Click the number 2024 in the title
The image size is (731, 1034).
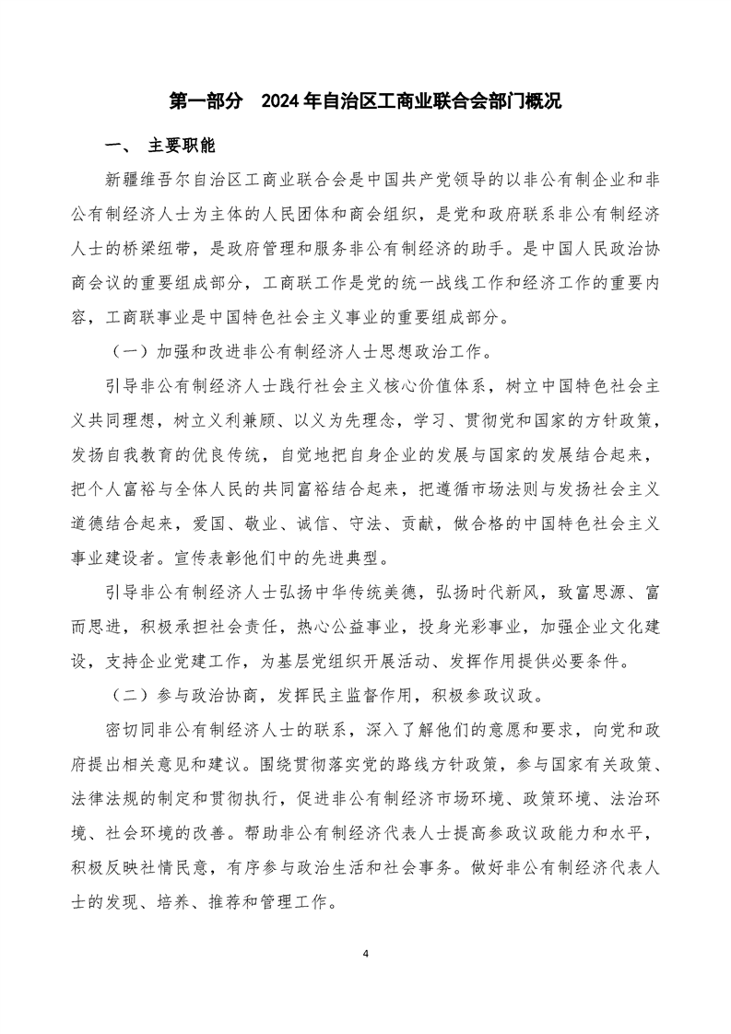tap(282, 100)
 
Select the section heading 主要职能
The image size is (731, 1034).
tap(181, 147)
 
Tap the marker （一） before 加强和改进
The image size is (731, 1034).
tap(126, 355)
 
